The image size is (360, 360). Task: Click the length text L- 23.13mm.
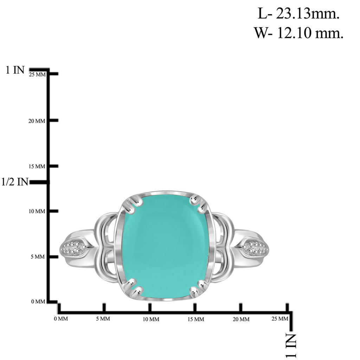coord(298,14)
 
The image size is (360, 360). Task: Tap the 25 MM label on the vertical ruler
coord(37,75)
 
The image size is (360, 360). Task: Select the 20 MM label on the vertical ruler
coord(37,121)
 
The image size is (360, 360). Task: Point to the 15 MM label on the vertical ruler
coord(37,166)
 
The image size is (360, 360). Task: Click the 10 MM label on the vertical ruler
coord(37,211)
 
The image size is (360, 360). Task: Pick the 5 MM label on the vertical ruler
coord(38,257)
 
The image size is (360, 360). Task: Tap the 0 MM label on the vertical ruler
coord(38,301)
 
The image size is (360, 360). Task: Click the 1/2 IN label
coord(15,182)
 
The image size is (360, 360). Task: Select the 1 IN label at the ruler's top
coord(15,70)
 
